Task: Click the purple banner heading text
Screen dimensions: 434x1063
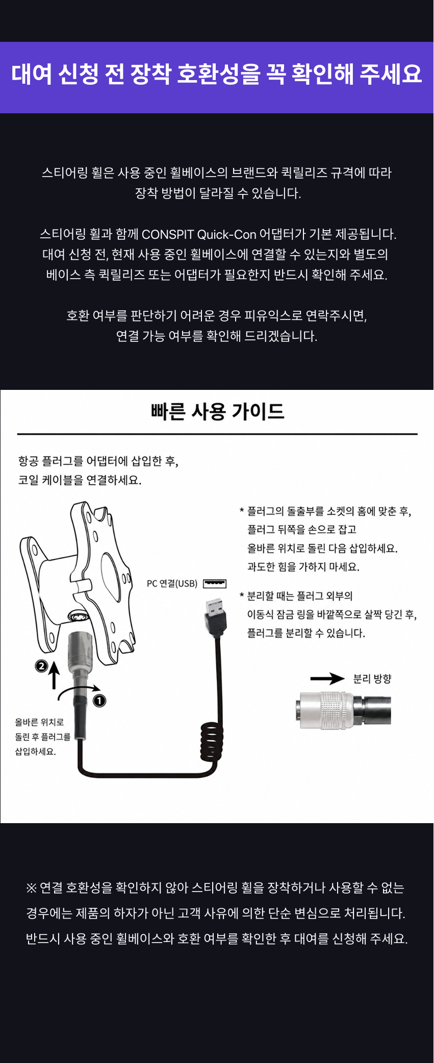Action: click(x=217, y=74)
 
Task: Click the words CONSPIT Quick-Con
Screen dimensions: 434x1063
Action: click(x=199, y=234)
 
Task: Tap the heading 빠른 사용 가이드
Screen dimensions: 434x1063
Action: click(x=217, y=411)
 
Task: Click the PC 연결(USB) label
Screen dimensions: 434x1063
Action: click(x=172, y=583)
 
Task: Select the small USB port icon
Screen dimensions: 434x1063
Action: click(x=215, y=583)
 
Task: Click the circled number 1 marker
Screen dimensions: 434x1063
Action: click(x=99, y=701)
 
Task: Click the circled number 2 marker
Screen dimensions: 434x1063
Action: click(x=41, y=665)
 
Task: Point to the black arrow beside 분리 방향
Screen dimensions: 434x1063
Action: click(x=328, y=679)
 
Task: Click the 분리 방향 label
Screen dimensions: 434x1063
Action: click(x=372, y=679)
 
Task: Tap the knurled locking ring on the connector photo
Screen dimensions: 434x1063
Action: click(x=337, y=709)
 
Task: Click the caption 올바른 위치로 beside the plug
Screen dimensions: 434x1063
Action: click(x=39, y=722)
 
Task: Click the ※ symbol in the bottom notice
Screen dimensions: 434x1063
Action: click(x=32, y=888)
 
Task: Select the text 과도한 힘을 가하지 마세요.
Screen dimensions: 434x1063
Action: click(x=303, y=567)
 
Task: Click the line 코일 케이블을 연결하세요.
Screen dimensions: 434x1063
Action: click(x=80, y=480)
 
